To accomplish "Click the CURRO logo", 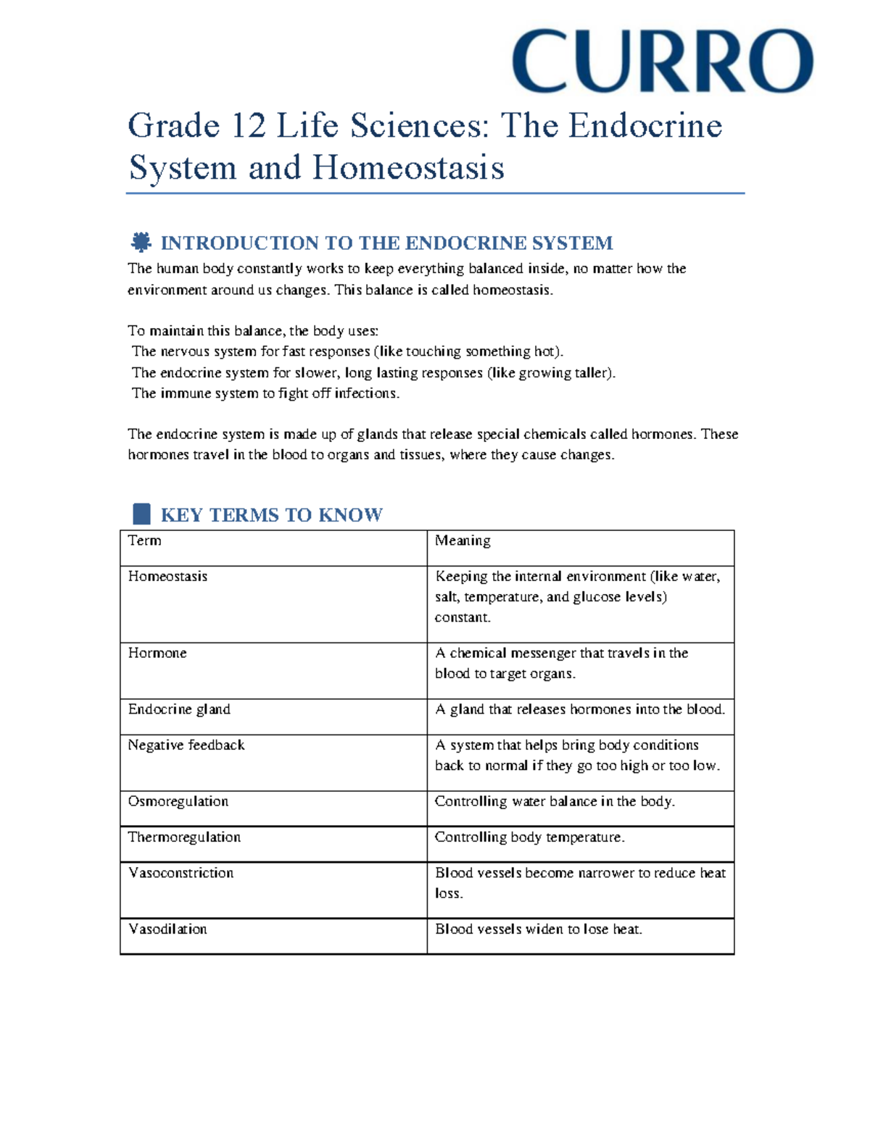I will click(663, 62).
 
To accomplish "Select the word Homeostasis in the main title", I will click(408, 168).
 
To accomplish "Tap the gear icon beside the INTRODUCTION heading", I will click(141, 242).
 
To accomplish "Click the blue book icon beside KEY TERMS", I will click(142, 514).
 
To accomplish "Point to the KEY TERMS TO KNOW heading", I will click(271, 515).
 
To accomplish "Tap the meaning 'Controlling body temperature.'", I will click(529, 837).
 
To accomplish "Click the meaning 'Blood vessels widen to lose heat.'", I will click(539, 929).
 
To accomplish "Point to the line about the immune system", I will click(265, 393).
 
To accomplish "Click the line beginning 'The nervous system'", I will click(347, 351).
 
